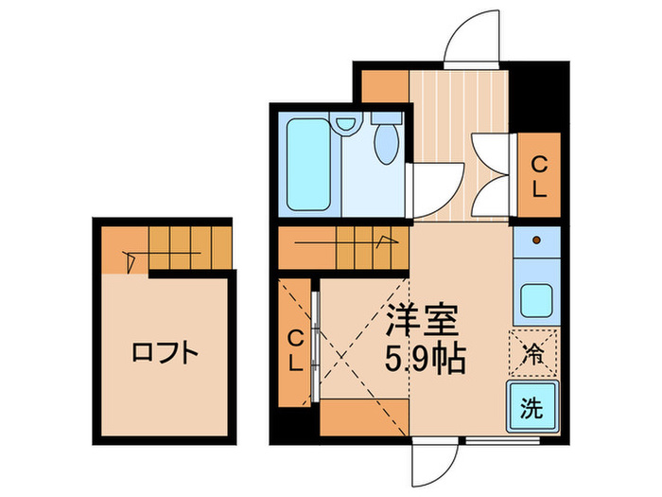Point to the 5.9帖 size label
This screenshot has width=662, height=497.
[424, 359]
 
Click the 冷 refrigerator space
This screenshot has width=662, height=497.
[533, 354]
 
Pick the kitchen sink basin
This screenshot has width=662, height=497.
[535, 302]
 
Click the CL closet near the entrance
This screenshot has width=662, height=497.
[538, 174]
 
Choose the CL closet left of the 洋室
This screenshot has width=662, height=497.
[296, 348]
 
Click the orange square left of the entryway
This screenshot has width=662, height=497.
[385, 86]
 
